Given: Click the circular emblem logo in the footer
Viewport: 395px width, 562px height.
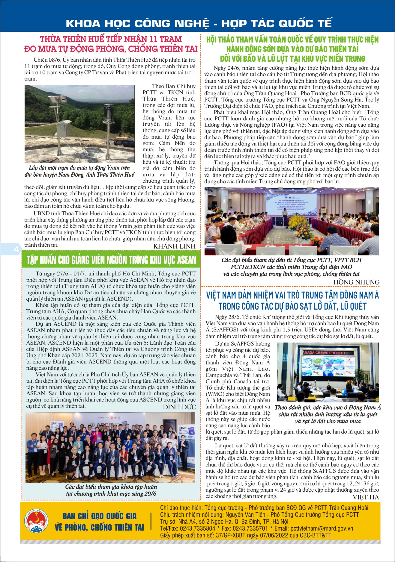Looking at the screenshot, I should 36,521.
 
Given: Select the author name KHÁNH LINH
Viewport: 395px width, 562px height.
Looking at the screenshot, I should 174,246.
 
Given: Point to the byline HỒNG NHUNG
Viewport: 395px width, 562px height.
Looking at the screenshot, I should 356,282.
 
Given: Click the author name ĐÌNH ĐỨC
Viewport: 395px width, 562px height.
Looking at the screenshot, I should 179,407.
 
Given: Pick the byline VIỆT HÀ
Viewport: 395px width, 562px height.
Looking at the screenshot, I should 366,497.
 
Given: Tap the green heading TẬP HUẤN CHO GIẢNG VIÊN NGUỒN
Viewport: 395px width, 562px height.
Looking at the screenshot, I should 111,260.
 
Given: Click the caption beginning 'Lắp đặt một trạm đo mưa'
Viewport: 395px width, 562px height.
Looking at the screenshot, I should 79,171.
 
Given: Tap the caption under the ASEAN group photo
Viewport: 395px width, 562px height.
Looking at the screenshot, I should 111,490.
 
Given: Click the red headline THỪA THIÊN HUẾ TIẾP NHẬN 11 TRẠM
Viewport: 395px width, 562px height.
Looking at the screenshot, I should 111,44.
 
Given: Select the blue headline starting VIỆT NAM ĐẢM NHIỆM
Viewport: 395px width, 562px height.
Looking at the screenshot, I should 292,301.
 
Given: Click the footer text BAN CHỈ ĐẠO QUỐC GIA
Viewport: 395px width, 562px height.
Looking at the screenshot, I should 99,516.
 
